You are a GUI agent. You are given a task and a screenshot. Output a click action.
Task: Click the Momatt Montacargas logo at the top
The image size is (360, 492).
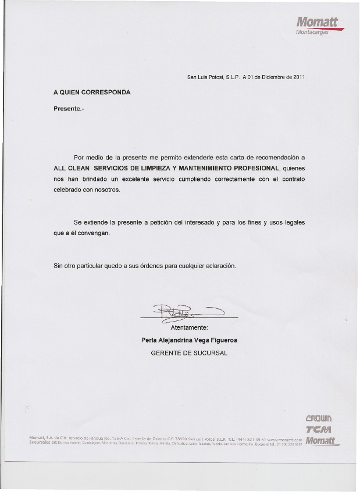tap(317, 26)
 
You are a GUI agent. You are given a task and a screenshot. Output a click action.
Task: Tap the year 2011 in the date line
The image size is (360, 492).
tap(299, 77)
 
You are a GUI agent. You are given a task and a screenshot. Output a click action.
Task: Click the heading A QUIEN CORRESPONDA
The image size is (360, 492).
tap(92, 92)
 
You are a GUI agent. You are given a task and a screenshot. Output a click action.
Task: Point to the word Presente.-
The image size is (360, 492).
tap(69, 109)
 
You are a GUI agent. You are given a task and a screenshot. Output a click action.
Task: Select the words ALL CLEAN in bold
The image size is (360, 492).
tap(72, 168)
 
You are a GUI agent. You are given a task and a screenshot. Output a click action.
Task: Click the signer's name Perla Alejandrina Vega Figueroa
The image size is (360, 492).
tap(189, 340)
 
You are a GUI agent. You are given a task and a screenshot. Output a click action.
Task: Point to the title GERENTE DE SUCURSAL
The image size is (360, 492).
tap(189, 353)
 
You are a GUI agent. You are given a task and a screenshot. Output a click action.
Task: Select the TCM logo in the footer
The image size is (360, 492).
tap(318, 429)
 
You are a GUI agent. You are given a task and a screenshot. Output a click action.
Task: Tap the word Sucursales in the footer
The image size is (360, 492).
tap(41, 442)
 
